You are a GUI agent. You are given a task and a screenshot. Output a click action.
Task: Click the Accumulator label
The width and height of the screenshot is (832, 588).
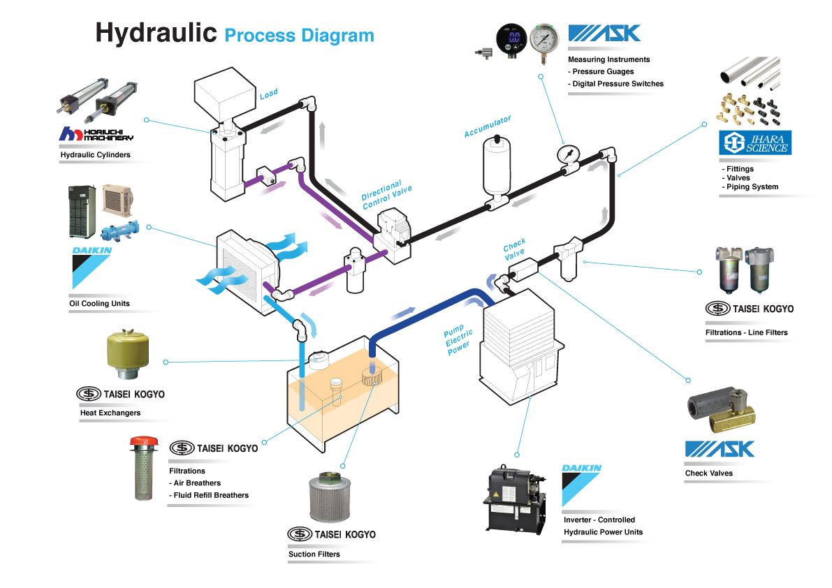(x=488, y=126)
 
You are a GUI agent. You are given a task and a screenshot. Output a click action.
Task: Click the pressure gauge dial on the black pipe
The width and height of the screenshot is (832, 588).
(x=567, y=153)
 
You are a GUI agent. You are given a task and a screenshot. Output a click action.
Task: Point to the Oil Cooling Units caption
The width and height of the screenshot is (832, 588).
(x=99, y=304)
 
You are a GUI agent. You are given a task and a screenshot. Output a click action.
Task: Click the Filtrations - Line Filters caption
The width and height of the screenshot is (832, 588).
(x=746, y=332)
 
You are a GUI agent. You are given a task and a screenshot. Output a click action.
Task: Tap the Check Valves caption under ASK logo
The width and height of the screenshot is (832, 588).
(x=709, y=473)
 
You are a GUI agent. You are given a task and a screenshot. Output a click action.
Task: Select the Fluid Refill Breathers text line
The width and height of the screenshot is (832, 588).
(x=209, y=495)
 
